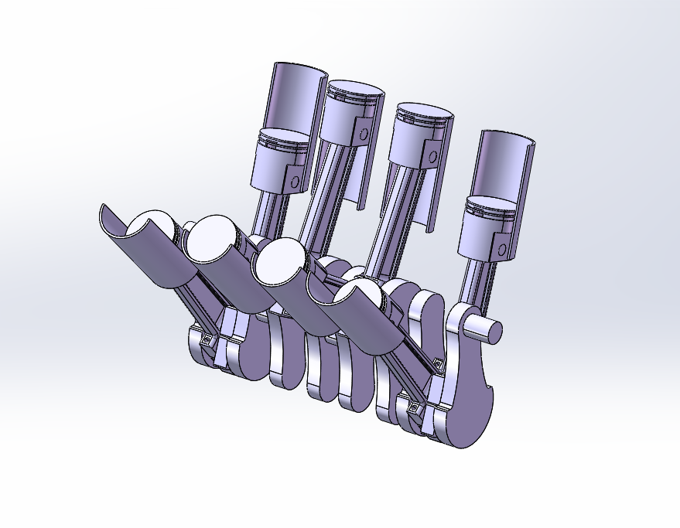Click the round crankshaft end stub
click(x=486, y=330)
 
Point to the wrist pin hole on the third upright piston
click(x=432, y=156)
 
